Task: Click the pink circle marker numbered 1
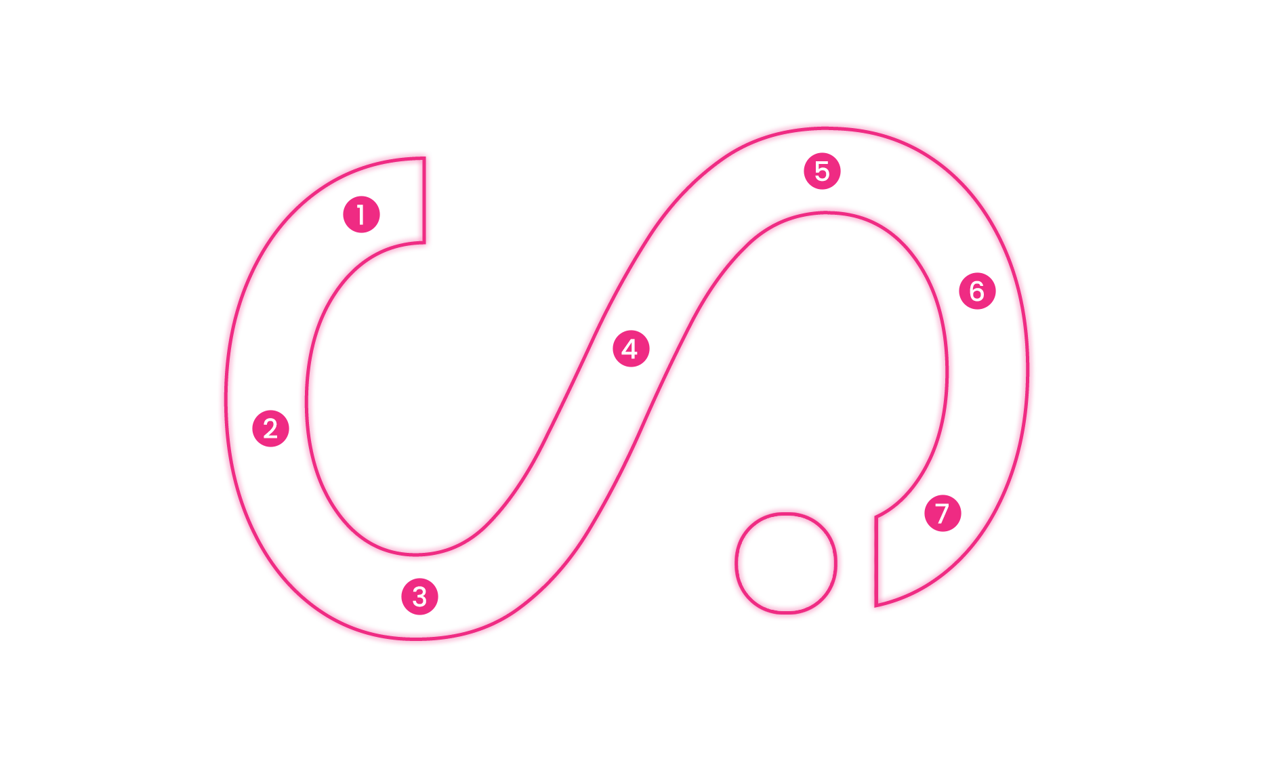pyautogui.click(x=361, y=215)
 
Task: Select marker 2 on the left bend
pyautogui.click(x=270, y=428)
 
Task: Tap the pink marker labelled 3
pyautogui.click(x=419, y=596)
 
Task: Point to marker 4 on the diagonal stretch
pyautogui.click(x=631, y=349)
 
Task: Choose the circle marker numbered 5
pyautogui.click(x=822, y=171)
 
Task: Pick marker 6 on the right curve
pyautogui.click(x=977, y=291)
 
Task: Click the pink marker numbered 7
pyautogui.click(x=943, y=513)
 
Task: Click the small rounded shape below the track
pyautogui.click(x=786, y=563)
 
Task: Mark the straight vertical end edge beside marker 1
pyautogui.click(x=424, y=200)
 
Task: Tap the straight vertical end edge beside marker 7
pyautogui.click(x=876, y=561)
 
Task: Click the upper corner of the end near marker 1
pyautogui.click(x=424, y=158)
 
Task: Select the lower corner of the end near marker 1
pyautogui.click(x=424, y=243)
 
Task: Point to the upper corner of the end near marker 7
pyautogui.click(x=876, y=517)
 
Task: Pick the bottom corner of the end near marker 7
pyautogui.click(x=876, y=606)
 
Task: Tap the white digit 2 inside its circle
pyautogui.click(x=270, y=428)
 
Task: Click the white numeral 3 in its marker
pyautogui.click(x=419, y=597)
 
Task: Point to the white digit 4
pyautogui.click(x=630, y=349)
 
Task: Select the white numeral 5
pyautogui.click(x=822, y=171)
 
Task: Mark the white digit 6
pyautogui.click(x=977, y=291)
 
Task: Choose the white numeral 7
pyautogui.click(x=942, y=514)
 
